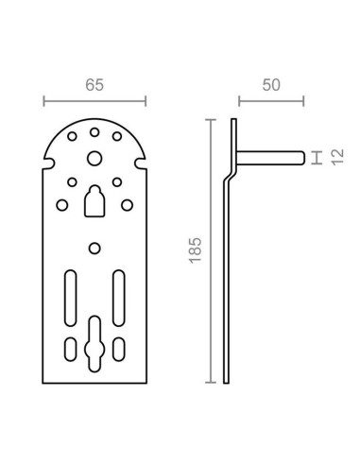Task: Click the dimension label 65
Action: point(94,85)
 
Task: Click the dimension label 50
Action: point(271,85)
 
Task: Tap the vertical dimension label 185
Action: point(196,250)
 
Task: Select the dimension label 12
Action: point(337,157)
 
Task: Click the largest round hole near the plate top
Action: point(94,158)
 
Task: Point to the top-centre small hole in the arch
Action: point(94,132)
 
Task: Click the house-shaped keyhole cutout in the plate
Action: point(94,201)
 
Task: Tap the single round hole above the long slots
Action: point(94,249)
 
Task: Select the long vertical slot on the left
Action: point(71,298)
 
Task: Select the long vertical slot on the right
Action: point(119,298)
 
